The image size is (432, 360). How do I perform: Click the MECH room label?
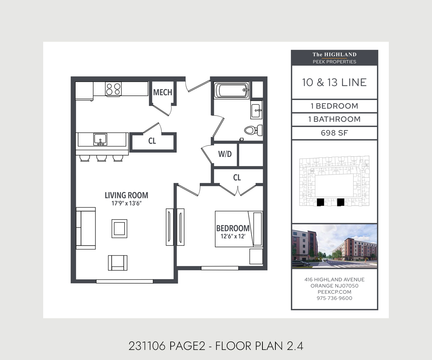pyautogui.click(x=163, y=92)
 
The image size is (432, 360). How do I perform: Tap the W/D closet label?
pyautogui.click(x=225, y=154)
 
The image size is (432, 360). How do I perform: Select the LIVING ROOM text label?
pyautogui.click(x=126, y=195)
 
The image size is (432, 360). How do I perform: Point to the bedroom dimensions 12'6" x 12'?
pyautogui.click(x=233, y=236)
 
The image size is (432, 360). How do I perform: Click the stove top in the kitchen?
pyautogui.click(x=113, y=89)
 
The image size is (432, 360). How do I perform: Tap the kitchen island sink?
pyautogui.click(x=100, y=139)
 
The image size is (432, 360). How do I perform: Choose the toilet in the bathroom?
pyautogui.click(x=253, y=130)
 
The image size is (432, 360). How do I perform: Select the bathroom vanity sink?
pyautogui.click(x=256, y=110)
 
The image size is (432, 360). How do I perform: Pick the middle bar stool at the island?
pyautogui.click(x=102, y=158)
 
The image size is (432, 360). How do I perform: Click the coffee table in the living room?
pyautogui.click(x=120, y=229)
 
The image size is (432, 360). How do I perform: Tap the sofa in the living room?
pyautogui.click(x=86, y=228)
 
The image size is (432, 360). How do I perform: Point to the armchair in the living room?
pyautogui.click(x=118, y=263)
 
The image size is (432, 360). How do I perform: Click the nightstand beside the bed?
pyautogui.click(x=256, y=257)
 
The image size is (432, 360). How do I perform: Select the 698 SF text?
pyautogui.click(x=334, y=133)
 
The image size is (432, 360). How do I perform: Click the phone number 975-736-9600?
pyautogui.click(x=334, y=298)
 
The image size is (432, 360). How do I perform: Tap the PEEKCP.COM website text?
pyautogui.click(x=334, y=292)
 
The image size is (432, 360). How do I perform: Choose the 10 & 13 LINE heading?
pyautogui.click(x=334, y=82)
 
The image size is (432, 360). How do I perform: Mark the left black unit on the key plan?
pyautogui.click(x=320, y=202)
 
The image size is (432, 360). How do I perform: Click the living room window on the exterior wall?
pyautogui.click(x=125, y=282)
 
